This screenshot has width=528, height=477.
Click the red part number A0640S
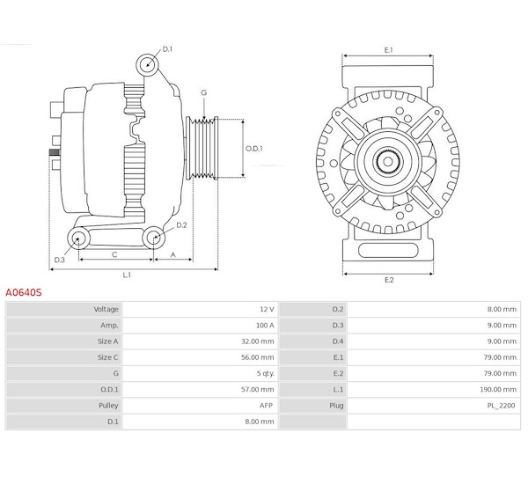tap(24, 292)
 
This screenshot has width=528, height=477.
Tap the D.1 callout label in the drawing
tap(167, 49)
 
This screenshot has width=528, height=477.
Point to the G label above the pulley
tap(204, 92)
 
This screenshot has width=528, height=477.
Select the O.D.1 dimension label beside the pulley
tap(254, 149)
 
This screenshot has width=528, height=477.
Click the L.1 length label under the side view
tap(127, 275)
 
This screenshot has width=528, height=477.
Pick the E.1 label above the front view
tap(389, 50)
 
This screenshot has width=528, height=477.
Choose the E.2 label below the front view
tap(389, 280)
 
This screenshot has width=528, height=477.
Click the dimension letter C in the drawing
tap(114, 254)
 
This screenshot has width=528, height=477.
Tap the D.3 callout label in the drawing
tap(59, 260)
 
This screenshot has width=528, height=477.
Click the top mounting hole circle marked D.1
tap(148, 64)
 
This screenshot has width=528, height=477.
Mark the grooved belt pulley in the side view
tap(202, 148)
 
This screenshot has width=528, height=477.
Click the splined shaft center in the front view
tap(388, 162)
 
